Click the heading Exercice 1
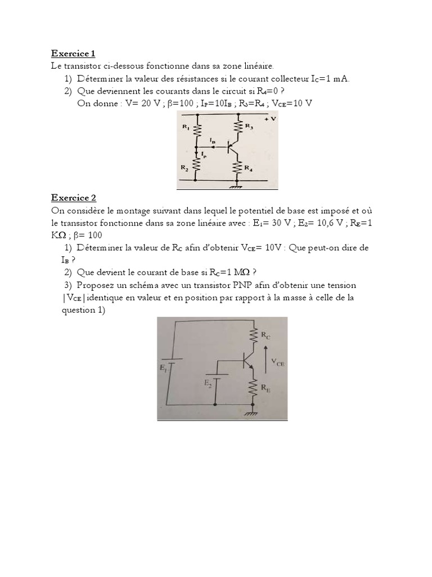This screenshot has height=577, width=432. tap(73, 54)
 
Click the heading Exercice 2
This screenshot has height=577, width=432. tap(74, 198)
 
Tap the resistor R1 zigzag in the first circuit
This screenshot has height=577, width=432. tap(197, 130)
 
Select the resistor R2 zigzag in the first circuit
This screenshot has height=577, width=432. tap(197, 165)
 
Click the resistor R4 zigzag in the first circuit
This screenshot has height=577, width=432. tap(240, 167)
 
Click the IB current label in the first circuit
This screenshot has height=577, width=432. tap(212, 139)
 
